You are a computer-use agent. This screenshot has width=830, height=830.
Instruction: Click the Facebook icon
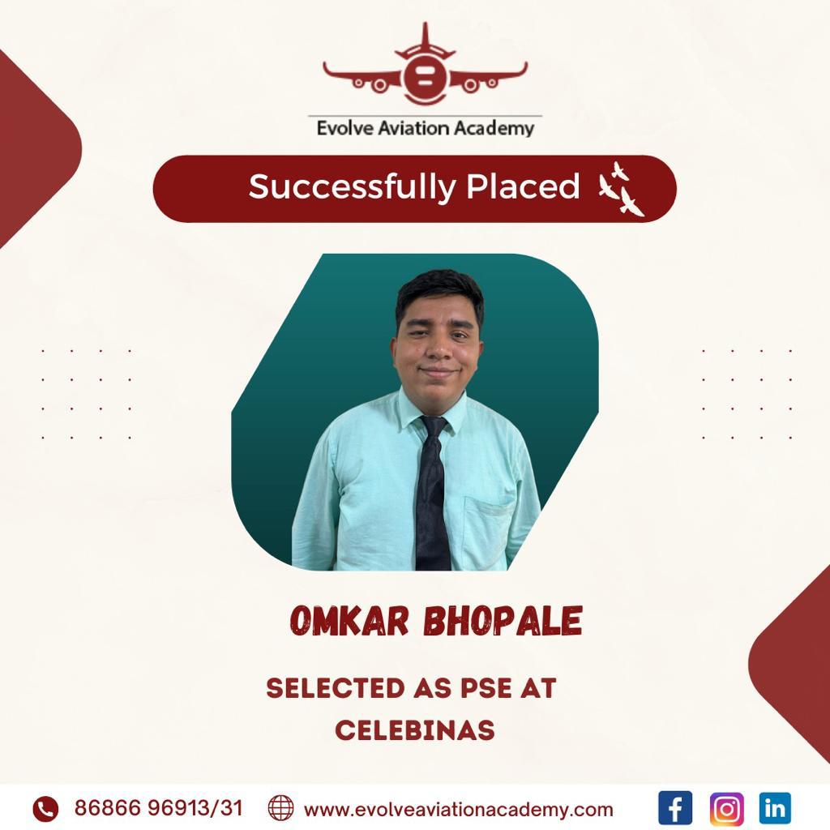click(x=675, y=808)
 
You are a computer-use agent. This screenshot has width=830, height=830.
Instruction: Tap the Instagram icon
click(x=726, y=808)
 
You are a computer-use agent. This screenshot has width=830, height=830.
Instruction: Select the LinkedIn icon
click(x=774, y=808)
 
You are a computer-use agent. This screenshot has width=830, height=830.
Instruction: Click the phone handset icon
click(x=45, y=809)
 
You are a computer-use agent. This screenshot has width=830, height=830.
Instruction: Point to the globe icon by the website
click(x=280, y=808)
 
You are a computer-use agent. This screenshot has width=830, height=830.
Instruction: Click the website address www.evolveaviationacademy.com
click(x=459, y=810)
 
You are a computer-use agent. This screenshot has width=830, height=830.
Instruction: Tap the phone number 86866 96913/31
click(x=158, y=808)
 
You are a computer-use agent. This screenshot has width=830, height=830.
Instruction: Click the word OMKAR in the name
click(x=349, y=620)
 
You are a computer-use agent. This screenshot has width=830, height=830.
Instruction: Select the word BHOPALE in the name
click(x=503, y=620)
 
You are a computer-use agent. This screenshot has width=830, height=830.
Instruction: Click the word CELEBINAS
click(x=415, y=730)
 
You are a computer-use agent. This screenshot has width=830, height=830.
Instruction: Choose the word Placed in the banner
click(x=523, y=186)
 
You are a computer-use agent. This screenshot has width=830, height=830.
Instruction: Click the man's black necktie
click(x=433, y=492)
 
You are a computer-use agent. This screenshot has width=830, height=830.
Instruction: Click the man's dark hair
click(x=439, y=293)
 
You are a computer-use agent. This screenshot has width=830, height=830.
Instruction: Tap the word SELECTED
click(x=336, y=688)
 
